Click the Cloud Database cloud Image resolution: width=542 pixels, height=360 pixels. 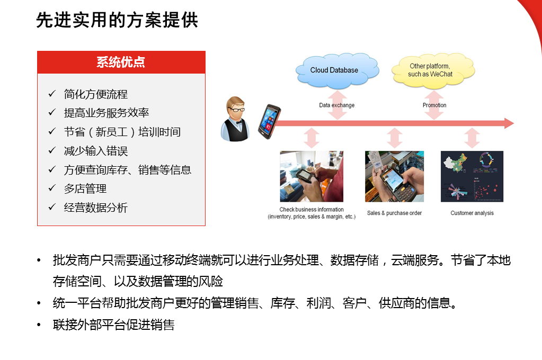pyautogui.click(x=337, y=70)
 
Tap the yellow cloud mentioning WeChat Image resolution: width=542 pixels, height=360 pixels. pyautogui.click(x=433, y=70)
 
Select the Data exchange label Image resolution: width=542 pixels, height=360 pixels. pyautogui.click(x=336, y=105)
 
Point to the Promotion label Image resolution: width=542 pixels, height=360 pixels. pyautogui.click(x=434, y=105)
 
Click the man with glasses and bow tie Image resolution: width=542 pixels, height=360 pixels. pyautogui.click(x=235, y=119)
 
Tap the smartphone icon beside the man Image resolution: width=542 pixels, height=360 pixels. pyautogui.click(x=269, y=121)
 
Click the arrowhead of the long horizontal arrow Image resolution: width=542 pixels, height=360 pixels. pyautogui.click(x=509, y=123)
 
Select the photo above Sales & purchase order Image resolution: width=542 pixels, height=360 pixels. pyautogui.click(x=394, y=176)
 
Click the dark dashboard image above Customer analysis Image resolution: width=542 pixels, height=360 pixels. pyautogui.click(x=472, y=176)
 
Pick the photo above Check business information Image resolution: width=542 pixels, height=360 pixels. pyautogui.click(x=312, y=176)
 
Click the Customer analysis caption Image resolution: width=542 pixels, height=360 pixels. pyautogui.click(x=472, y=213)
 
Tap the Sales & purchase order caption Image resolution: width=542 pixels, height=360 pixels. pyautogui.click(x=394, y=213)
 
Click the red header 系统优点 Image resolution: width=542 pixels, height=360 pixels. pyautogui.click(x=121, y=62)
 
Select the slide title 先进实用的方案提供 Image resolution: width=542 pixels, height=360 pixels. pyautogui.click(x=117, y=20)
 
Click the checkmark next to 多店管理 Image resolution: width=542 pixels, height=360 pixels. pyautogui.click(x=52, y=188)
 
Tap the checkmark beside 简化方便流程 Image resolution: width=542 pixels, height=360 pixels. pyautogui.click(x=52, y=93)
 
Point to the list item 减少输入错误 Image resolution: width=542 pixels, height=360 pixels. pyautogui.click(x=96, y=151)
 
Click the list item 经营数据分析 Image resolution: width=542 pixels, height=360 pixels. pyautogui.click(x=96, y=208)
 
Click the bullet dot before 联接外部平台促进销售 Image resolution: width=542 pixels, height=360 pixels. pyautogui.click(x=39, y=325)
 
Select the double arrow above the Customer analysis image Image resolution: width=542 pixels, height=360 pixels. pyautogui.click(x=472, y=138)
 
